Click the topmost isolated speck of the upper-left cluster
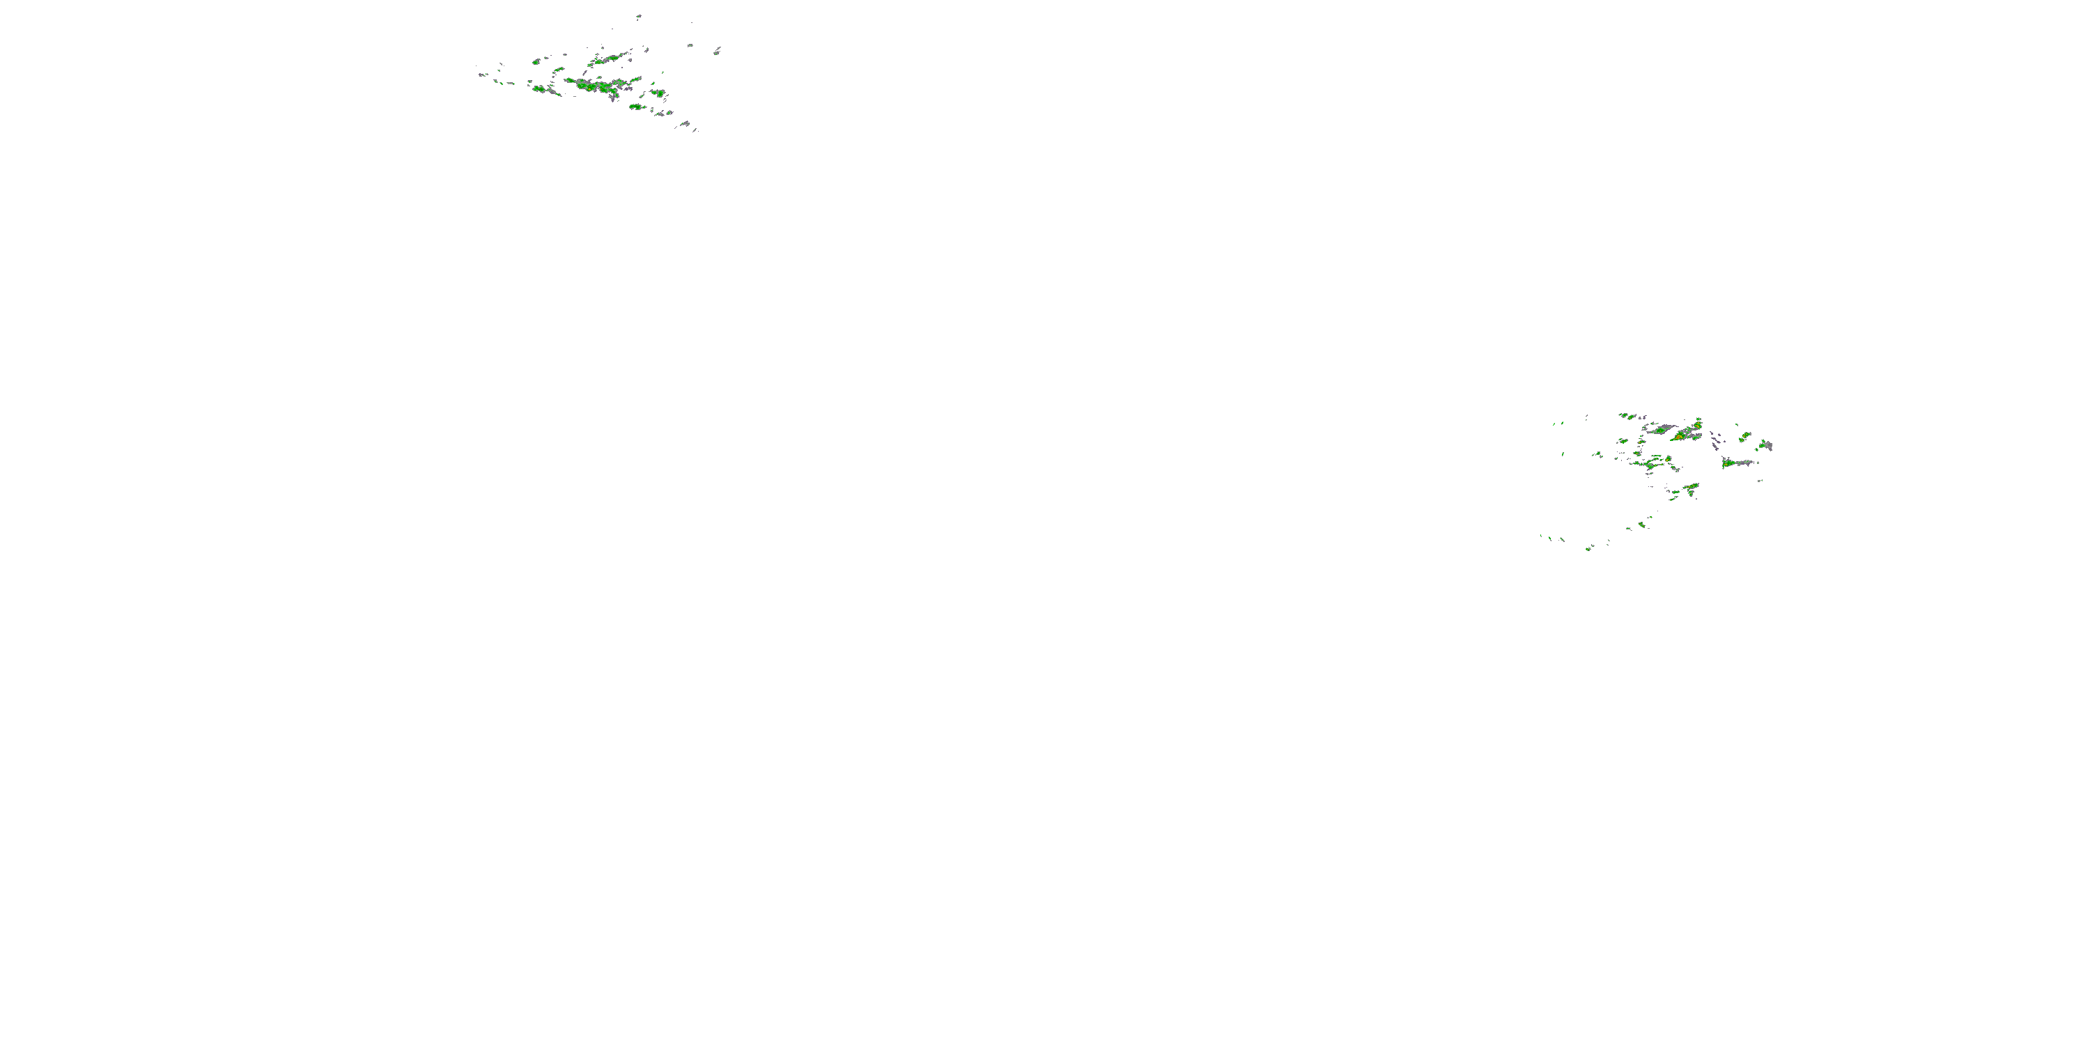pos(639,15)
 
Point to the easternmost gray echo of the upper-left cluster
pos(718,51)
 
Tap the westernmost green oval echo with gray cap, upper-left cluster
pos(536,61)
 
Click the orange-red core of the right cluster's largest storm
pos(1678,438)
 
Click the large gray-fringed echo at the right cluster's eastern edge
pos(1765,444)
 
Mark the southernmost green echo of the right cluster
pos(1588,548)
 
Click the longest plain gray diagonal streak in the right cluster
pos(1660,428)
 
